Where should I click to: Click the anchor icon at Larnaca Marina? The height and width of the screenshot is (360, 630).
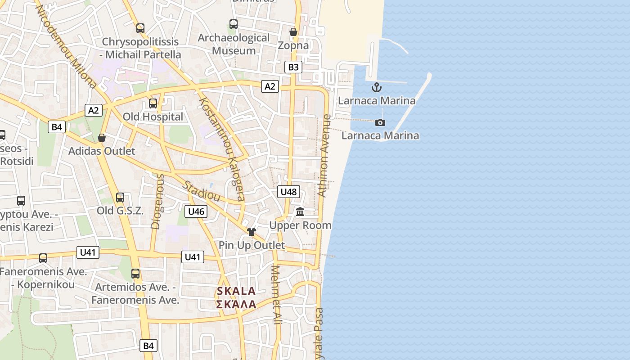pyautogui.click(x=376, y=87)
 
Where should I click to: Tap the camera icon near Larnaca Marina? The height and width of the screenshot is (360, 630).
pyautogui.click(x=380, y=122)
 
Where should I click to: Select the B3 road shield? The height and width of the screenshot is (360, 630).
pyautogui.click(x=293, y=67)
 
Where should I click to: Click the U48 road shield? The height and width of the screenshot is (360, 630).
pyautogui.click(x=288, y=192)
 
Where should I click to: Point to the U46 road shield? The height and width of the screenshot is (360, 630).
pyautogui.click(x=196, y=211)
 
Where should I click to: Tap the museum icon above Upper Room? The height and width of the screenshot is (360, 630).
pyautogui.click(x=300, y=211)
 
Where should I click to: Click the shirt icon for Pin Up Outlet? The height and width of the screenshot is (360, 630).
pyautogui.click(x=252, y=232)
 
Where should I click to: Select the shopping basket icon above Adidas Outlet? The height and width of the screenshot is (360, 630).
pyautogui.click(x=102, y=138)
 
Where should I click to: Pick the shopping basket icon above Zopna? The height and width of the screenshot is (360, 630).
pyautogui.click(x=293, y=32)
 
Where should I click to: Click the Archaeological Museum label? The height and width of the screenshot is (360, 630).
pyautogui.click(x=234, y=44)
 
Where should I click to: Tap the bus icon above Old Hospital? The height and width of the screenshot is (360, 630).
pyautogui.click(x=153, y=103)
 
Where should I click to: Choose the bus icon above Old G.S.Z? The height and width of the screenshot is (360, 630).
pyautogui.click(x=120, y=197)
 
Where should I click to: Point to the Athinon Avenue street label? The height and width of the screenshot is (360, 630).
pyautogui.click(x=324, y=156)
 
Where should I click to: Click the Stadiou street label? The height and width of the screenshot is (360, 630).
pyautogui.click(x=201, y=191)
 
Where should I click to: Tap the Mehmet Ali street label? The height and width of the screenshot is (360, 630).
pyautogui.click(x=276, y=295)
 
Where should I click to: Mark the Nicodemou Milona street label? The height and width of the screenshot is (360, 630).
pyautogui.click(x=66, y=46)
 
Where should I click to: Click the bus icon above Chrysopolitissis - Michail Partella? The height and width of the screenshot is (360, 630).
pyautogui.click(x=140, y=28)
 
